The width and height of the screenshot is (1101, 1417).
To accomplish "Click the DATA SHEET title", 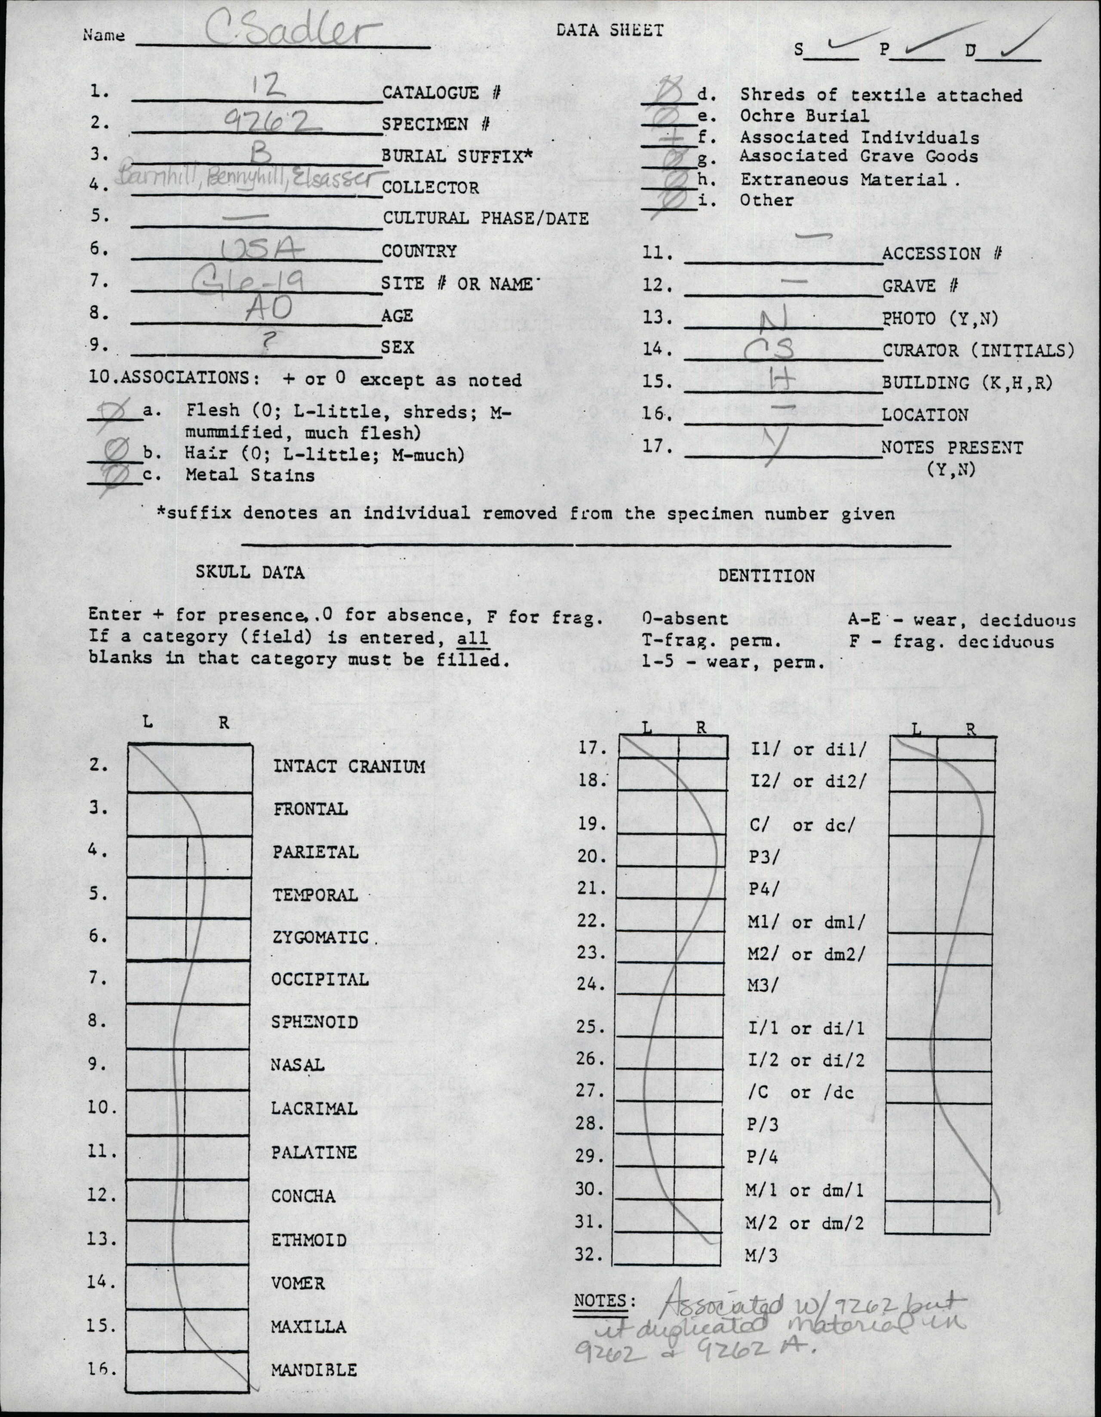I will click(609, 31).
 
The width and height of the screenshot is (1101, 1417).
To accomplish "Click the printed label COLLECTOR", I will click(431, 188).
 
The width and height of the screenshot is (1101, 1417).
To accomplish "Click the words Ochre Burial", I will click(804, 116).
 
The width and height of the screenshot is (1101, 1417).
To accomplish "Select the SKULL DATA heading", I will click(250, 572).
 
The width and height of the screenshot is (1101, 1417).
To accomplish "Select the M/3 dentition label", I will click(760, 1255).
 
